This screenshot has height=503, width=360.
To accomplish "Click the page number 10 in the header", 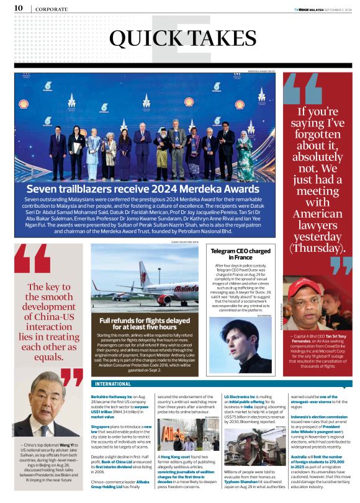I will pos(19,7).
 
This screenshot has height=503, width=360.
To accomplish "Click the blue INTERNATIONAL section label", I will pos(113,384).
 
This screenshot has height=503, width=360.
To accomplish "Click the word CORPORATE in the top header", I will pos(52,9).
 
